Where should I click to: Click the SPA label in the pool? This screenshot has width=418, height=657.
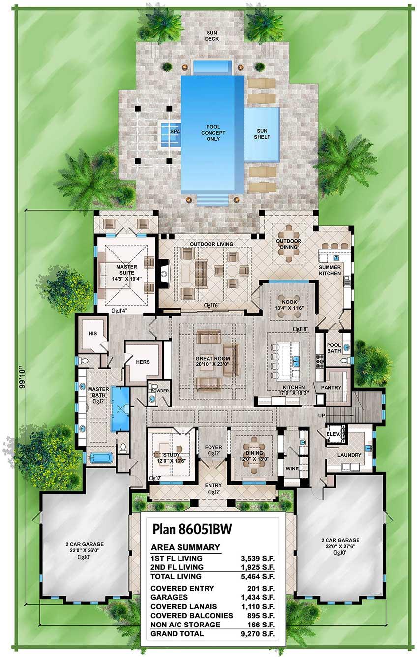(x=175, y=132)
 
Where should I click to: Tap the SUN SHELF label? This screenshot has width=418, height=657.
(x=262, y=134)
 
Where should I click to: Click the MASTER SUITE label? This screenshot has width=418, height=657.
(x=126, y=270)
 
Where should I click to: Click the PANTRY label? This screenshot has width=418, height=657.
(x=331, y=388)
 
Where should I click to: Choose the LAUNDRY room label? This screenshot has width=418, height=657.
(x=350, y=455)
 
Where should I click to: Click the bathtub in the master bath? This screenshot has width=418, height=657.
(x=101, y=457)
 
